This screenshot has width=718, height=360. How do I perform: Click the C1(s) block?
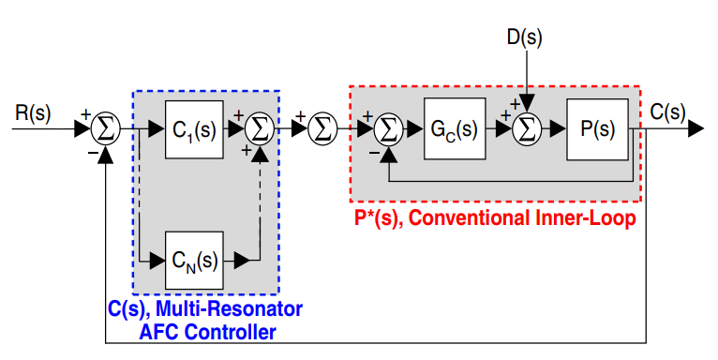click(x=194, y=128)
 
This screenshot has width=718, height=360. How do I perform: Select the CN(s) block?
click(x=194, y=258)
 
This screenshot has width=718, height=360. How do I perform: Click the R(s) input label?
click(x=34, y=113)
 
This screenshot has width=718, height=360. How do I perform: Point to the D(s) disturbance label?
click(x=524, y=37)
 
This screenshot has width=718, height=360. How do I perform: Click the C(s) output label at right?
click(x=667, y=112)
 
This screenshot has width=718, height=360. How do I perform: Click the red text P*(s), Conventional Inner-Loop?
click(x=493, y=219)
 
